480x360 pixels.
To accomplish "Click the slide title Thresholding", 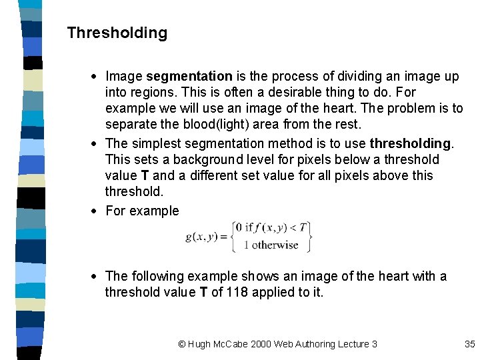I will point(117,33).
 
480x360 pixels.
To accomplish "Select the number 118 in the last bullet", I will point(239,292).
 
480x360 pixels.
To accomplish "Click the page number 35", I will point(469,344).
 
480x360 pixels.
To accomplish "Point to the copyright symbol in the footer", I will point(182,344).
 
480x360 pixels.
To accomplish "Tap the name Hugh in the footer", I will point(199,344).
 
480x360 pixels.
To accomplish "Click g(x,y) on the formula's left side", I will point(203,237).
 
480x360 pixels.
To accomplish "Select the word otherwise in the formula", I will point(275,245).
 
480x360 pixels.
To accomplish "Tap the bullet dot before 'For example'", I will point(97,211).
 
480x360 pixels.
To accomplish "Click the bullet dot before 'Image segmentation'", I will point(97,77).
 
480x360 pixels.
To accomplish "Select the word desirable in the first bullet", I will point(303,92).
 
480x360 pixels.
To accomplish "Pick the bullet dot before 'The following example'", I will point(97,277).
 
